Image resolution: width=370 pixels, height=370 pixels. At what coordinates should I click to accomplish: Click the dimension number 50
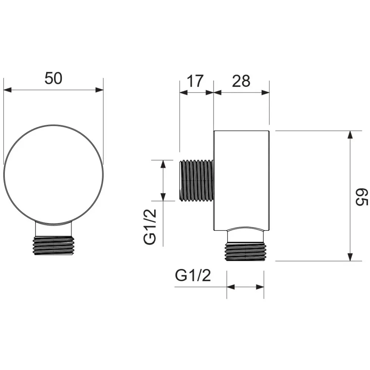click(x=53, y=78)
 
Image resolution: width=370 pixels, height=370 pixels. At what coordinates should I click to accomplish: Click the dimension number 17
click(x=195, y=81)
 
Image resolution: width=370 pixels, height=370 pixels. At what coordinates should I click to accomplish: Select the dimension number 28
click(x=241, y=81)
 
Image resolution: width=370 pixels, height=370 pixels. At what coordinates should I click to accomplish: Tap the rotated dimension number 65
click(x=361, y=197)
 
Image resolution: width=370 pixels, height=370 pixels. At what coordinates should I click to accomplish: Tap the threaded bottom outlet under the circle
click(x=54, y=246)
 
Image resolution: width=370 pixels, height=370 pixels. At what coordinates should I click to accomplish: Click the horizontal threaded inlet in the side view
click(x=196, y=181)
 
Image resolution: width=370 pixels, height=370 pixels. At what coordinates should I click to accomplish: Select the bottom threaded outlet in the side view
click(x=245, y=252)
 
